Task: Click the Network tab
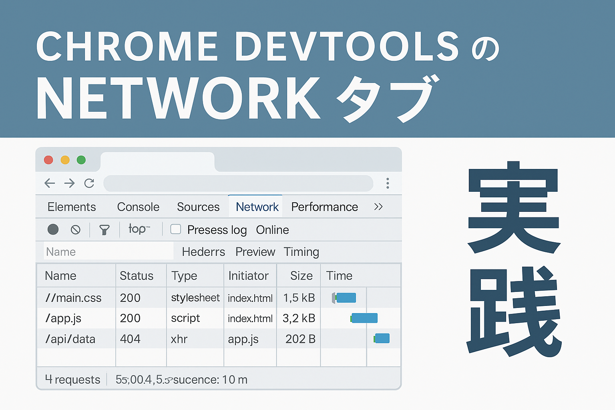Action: click(257, 207)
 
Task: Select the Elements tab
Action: click(72, 207)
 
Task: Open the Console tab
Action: click(138, 207)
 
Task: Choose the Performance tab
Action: click(324, 207)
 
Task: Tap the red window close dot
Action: click(48, 160)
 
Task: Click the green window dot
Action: click(81, 160)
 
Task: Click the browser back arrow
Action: click(50, 183)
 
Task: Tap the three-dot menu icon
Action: click(388, 183)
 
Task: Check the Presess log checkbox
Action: click(175, 229)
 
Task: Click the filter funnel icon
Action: click(104, 229)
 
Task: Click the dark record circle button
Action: click(53, 229)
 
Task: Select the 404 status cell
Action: click(130, 339)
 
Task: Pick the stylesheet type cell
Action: click(195, 297)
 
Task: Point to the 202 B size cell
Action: click(300, 339)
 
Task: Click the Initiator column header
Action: click(248, 276)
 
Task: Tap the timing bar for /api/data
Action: click(382, 338)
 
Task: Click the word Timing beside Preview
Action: click(301, 252)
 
